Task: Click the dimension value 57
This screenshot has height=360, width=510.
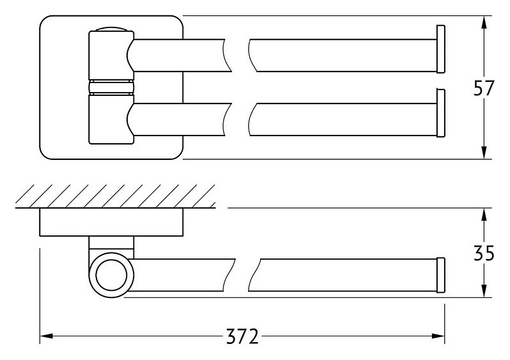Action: (x=483, y=88)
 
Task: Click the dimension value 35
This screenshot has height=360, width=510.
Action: (x=484, y=253)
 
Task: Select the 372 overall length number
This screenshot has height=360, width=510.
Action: (x=242, y=336)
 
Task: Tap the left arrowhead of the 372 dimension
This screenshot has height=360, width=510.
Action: (x=46, y=336)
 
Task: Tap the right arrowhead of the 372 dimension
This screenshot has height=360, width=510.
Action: (x=438, y=336)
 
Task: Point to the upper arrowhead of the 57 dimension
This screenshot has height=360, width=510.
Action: (x=484, y=22)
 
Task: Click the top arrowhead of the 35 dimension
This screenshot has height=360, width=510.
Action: (x=484, y=214)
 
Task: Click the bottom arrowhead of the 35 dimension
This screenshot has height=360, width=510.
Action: (x=484, y=291)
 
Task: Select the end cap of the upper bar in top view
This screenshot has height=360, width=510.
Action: (x=441, y=49)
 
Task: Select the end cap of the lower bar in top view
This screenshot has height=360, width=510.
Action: (x=441, y=113)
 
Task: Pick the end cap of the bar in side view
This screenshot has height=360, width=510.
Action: (x=441, y=275)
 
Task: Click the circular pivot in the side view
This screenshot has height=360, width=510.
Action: (x=111, y=274)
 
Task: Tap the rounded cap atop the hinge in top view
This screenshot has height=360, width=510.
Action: (x=111, y=29)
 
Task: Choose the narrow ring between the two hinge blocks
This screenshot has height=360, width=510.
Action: (x=111, y=86)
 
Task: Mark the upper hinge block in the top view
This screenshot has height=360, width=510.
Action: (x=111, y=55)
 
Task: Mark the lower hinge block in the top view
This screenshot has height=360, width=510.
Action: (x=111, y=118)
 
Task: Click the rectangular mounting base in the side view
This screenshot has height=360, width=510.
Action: (x=111, y=222)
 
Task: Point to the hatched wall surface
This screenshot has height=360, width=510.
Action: (x=116, y=196)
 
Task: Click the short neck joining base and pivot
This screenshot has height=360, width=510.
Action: (x=111, y=244)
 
